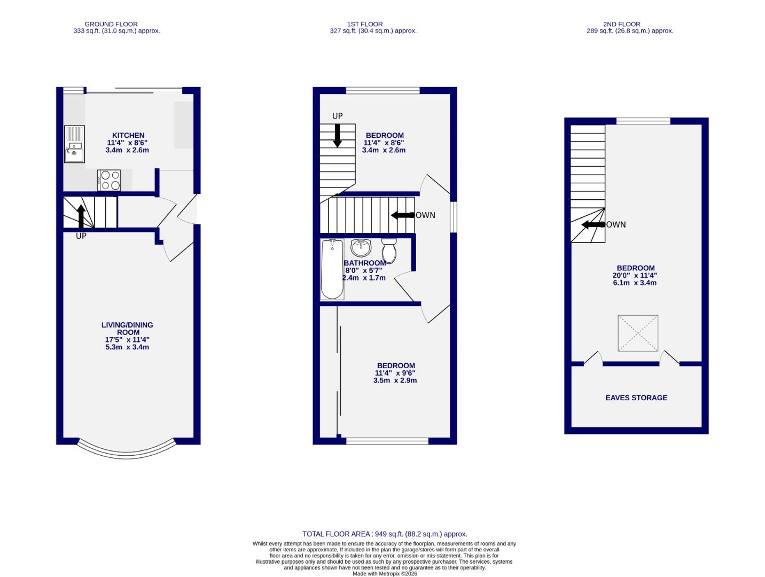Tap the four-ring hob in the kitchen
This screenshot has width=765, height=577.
[x=110, y=180]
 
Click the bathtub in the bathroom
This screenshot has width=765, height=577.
[x=332, y=269]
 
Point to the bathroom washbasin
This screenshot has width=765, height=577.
[x=361, y=247]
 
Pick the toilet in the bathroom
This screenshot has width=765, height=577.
[x=389, y=251]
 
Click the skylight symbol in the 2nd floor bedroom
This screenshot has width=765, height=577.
[x=638, y=333]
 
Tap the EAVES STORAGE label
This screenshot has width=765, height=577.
[x=636, y=397]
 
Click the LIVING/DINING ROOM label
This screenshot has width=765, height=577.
[x=127, y=328]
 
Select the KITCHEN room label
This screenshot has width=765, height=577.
[x=128, y=135]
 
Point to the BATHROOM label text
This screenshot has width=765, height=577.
[x=364, y=263]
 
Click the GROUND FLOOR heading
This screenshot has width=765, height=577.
[x=111, y=24]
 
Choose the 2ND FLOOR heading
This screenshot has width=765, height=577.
[x=622, y=24]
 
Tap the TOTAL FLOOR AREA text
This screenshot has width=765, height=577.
[x=385, y=534]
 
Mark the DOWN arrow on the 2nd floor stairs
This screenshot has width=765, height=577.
[x=592, y=225]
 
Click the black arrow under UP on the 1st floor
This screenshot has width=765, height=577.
[x=337, y=135]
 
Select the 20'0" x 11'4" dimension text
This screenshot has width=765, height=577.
[x=635, y=276]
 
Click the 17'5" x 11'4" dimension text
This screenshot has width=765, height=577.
[x=127, y=340]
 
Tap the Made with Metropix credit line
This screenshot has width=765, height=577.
[x=385, y=574]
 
